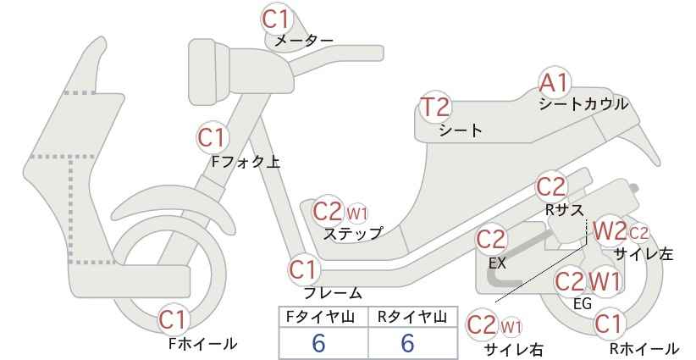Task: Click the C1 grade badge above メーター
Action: coord(276,19)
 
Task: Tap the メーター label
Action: coord(304,41)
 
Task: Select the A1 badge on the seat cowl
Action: coord(554,83)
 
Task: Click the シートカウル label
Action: coord(583,104)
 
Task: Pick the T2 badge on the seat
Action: coord(435,107)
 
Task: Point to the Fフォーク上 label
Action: coord(246,162)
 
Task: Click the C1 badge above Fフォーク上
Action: coord(213,137)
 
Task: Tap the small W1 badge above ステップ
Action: coord(357,214)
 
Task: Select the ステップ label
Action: coord(352,233)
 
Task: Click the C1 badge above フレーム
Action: coord(304,269)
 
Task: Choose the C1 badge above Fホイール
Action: coord(173,319)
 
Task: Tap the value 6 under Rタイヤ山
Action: coord(407,343)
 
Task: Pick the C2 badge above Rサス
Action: coord(551,187)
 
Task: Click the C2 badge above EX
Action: coord(491,240)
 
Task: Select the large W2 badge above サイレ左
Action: coord(609,231)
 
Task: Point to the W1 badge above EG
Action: coord(604,281)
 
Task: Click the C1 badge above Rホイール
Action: coord(608,324)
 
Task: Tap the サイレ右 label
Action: coord(514,349)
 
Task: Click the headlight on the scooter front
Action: coord(209,71)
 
